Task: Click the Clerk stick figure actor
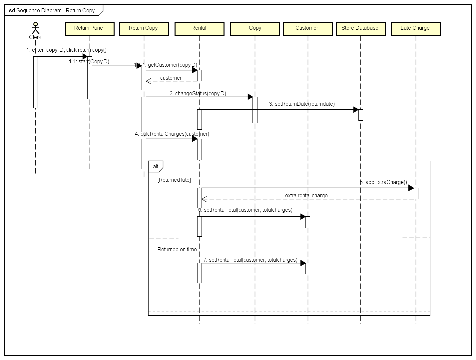pos(35,28)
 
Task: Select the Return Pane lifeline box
pos(90,29)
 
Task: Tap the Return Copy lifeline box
pos(144,29)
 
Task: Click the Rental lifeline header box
pos(199,29)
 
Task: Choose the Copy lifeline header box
pos(255,29)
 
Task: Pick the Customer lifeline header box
pos(307,29)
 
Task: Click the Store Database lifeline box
pos(360,29)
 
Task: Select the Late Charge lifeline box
pos(416,29)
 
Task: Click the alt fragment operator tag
pos(156,166)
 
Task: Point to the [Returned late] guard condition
pos(174,180)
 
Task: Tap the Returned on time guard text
pos(177,249)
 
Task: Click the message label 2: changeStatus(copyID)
pos(198,94)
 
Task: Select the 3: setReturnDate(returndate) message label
pos(302,104)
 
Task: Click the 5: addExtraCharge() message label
pos(383,182)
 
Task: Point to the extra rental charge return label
pos(306,196)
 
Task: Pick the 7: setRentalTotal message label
pos(250,260)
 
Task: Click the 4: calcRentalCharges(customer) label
pos(172,134)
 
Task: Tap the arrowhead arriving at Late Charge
pos(411,188)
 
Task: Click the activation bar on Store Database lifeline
pos(360,115)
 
